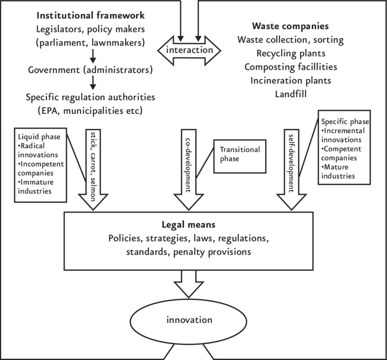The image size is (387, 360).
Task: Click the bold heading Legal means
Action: tap(188, 225)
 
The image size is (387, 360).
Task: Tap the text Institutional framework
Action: tap(91, 16)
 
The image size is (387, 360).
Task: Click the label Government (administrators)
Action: tap(90, 71)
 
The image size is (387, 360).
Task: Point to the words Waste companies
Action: tap(290, 26)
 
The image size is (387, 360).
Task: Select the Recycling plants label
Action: tap(290, 54)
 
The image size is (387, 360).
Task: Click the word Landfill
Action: tap(290, 94)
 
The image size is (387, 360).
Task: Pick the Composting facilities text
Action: tap(290, 67)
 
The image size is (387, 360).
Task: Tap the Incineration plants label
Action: tap(290, 81)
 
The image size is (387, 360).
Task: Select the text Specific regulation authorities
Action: tap(90, 97)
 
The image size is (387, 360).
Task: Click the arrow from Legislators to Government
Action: tap(93, 55)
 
